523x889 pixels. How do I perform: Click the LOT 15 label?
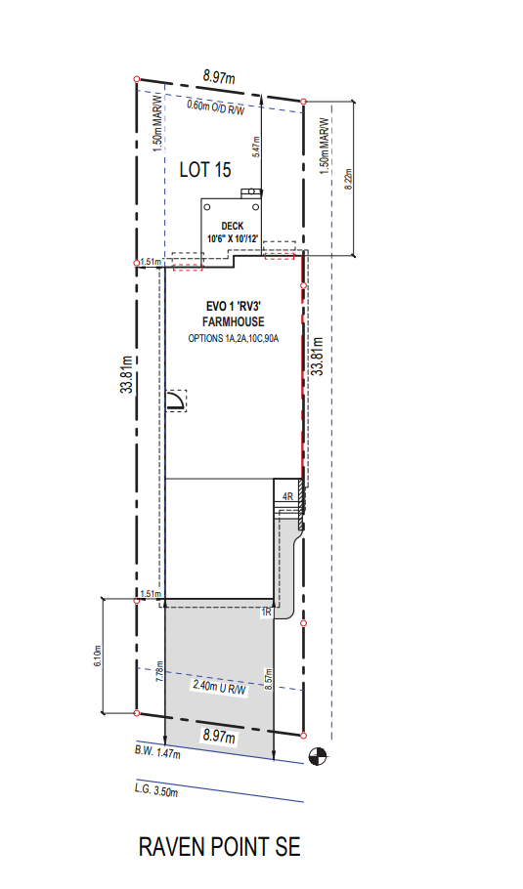[205, 170]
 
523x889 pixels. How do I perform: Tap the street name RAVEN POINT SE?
[220, 847]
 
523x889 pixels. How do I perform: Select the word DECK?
[233, 227]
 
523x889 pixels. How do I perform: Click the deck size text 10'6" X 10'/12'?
[233, 238]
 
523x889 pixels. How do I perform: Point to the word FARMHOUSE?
[233, 322]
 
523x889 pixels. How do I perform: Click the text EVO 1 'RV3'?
[233, 307]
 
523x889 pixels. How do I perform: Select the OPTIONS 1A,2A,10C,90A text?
[233, 338]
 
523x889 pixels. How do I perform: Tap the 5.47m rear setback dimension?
[256, 147]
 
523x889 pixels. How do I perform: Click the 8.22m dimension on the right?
[348, 179]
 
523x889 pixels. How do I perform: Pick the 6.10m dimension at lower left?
[98, 656]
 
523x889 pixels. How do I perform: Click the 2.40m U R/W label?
[220, 687]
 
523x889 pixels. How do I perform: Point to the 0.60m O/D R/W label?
[216, 107]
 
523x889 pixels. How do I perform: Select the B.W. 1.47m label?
[157, 752]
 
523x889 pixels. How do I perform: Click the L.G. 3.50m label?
[156, 789]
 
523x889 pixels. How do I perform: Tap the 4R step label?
[287, 496]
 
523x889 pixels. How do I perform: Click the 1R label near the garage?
[267, 613]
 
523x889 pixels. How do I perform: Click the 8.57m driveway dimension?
[268, 679]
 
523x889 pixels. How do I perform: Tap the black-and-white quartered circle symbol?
[317, 756]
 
